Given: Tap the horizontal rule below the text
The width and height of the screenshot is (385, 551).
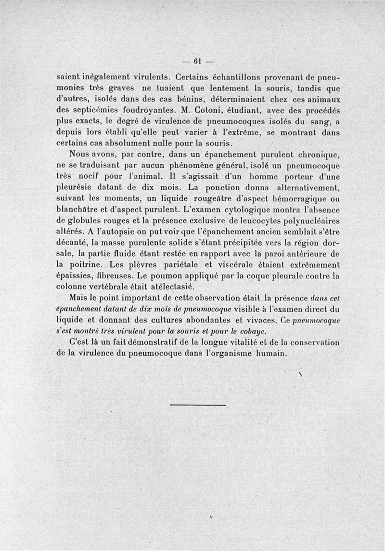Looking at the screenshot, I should tap(198, 406).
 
